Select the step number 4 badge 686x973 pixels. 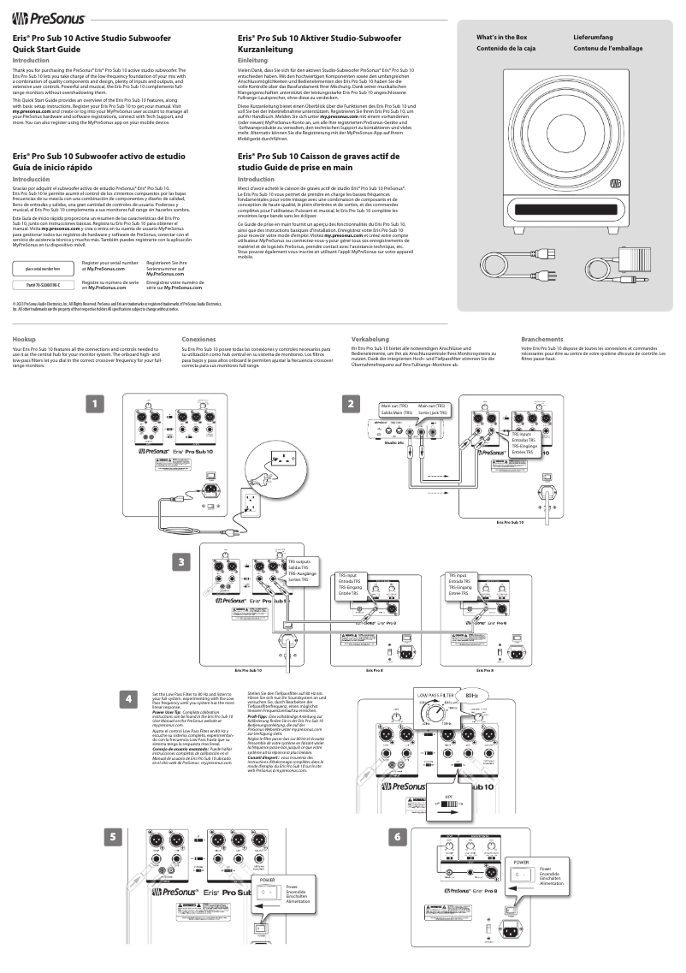pos(128,699)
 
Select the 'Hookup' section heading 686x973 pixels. pos(24,315)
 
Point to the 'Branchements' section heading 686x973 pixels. pos(542,315)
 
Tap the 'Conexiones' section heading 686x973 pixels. pos(198,315)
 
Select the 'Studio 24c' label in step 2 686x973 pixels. pos(394,443)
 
